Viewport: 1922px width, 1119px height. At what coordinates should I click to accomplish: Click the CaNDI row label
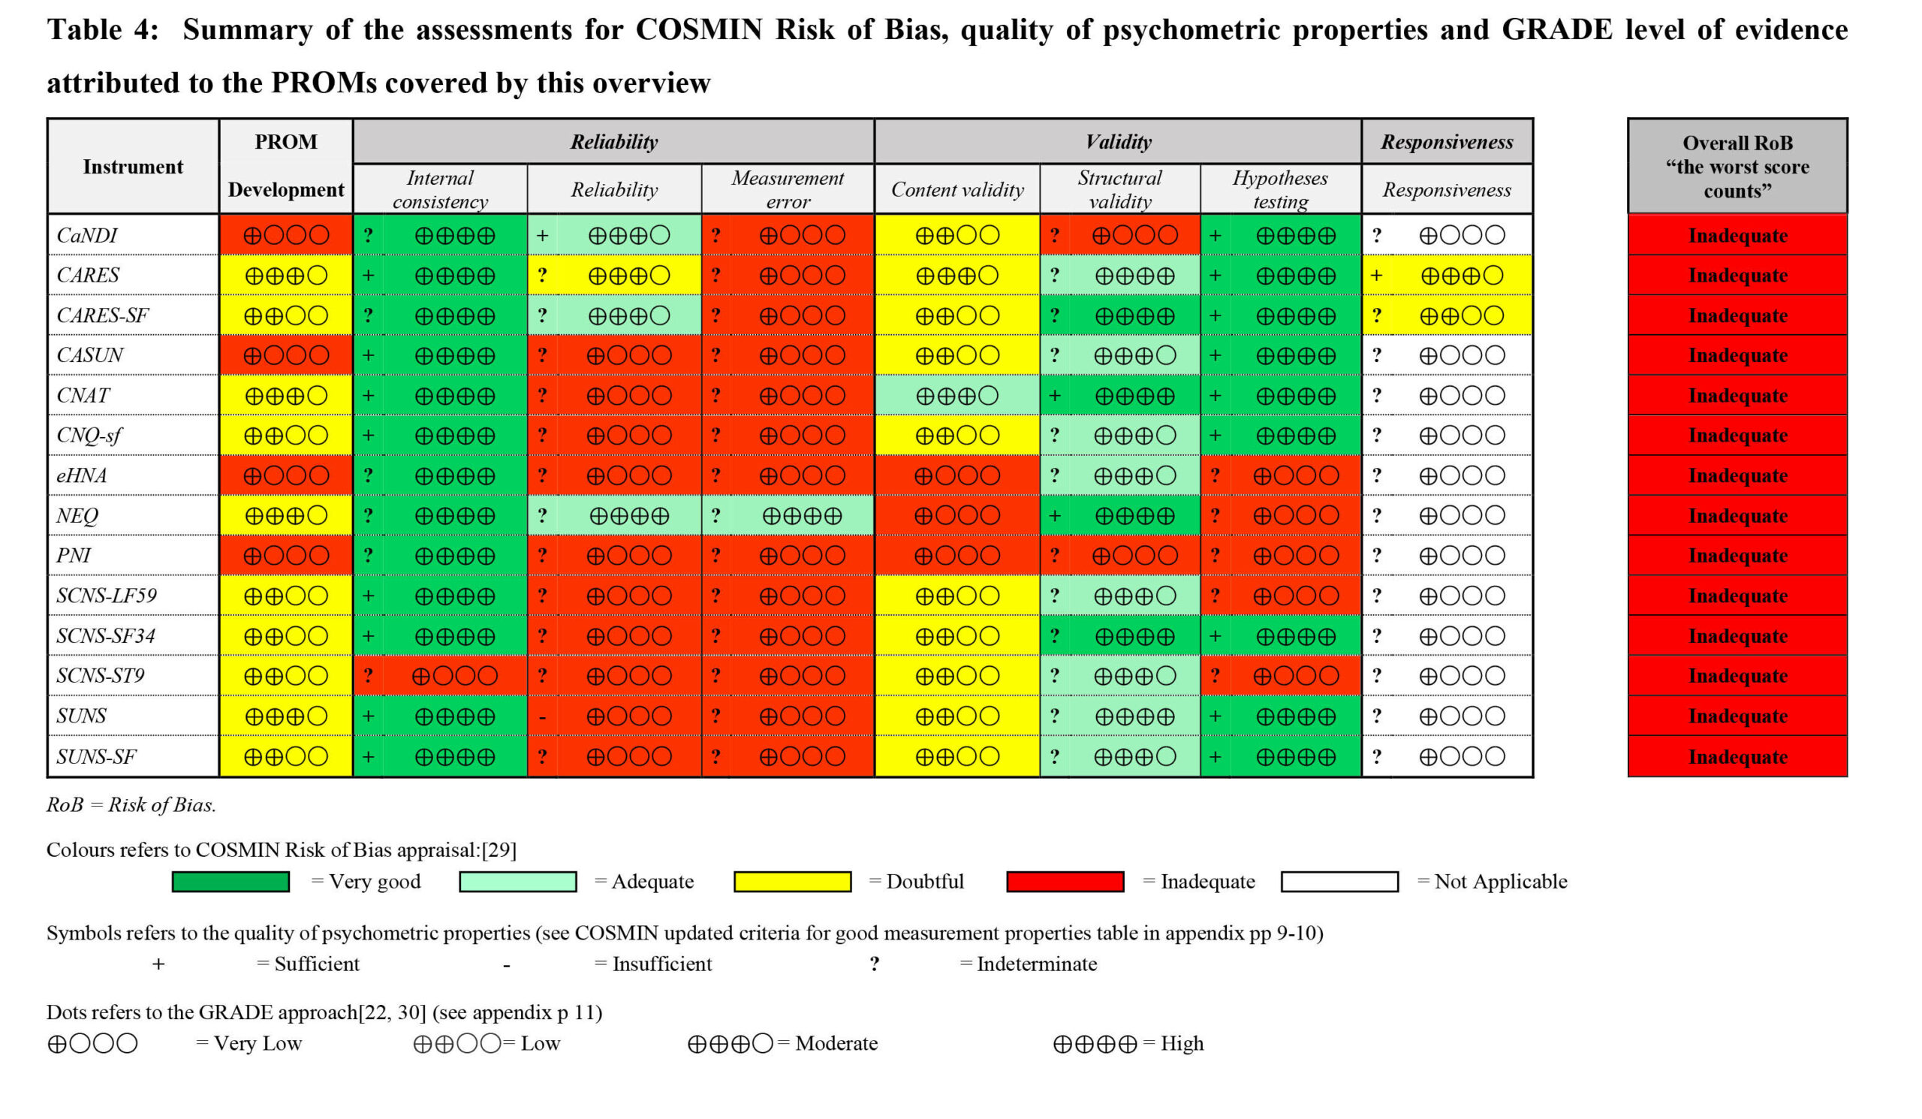87,235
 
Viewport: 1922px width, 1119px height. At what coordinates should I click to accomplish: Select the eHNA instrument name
82,475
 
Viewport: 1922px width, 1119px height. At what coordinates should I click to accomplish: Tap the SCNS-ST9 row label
100,675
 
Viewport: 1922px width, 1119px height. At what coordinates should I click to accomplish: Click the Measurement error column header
787,189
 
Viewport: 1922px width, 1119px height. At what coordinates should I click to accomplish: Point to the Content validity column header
957,189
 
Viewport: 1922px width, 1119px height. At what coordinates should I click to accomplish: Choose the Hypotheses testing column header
1280,189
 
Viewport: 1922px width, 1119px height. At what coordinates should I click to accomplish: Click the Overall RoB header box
1737,166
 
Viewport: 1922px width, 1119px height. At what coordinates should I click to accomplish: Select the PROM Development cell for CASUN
286,355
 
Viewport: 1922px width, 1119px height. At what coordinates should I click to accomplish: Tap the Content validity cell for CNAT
956,396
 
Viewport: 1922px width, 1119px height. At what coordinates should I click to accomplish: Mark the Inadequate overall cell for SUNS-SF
1737,757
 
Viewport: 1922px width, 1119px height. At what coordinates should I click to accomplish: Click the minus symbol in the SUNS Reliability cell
541,717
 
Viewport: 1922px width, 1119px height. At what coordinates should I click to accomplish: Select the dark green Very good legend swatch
230,882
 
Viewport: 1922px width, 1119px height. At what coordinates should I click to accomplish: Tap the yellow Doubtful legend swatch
791,882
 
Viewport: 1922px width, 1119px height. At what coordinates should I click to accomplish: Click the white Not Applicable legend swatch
1339,882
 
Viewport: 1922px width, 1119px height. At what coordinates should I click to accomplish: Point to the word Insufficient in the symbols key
661,964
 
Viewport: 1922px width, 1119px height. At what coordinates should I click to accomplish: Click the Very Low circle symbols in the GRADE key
92,1043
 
